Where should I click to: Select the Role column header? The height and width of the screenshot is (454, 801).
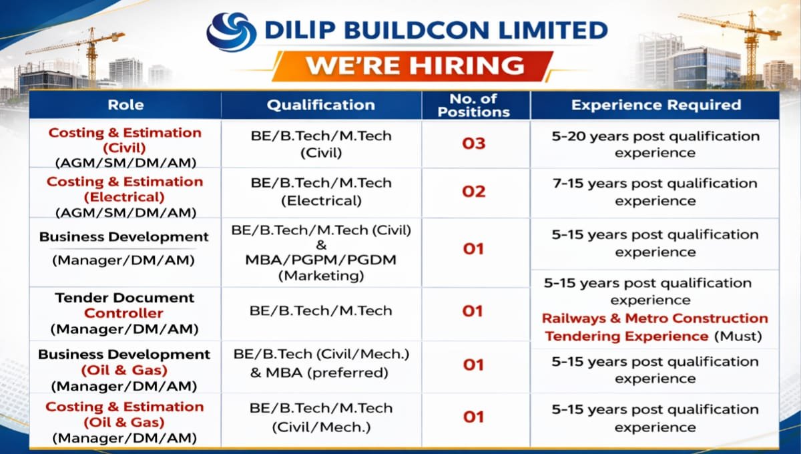click(x=125, y=105)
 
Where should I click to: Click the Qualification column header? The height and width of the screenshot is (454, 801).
click(x=321, y=105)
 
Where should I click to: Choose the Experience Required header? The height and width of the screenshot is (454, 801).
click(x=655, y=105)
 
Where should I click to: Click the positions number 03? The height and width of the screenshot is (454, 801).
click(x=473, y=144)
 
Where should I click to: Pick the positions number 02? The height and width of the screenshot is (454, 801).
click(x=473, y=192)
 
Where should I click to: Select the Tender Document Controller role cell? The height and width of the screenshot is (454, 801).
click(x=125, y=313)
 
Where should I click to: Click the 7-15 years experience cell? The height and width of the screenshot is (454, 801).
click(x=655, y=192)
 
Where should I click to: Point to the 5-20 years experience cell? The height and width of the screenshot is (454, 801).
click(x=655, y=144)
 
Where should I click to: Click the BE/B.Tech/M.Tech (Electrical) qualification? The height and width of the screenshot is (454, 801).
click(x=321, y=191)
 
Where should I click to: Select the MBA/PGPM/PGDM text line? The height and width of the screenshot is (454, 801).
click(x=321, y=260)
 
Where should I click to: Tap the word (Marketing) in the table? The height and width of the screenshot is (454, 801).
click(x=321, y=275)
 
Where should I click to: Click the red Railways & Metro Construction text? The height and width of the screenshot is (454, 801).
click(x=655, y=318)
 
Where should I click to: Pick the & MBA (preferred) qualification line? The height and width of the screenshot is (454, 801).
click(x=319, y=373)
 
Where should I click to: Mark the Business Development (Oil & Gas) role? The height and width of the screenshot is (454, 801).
click(x=125, y=370)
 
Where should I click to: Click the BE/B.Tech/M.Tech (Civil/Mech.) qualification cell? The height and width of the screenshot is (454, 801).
click(x=321, y=417)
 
